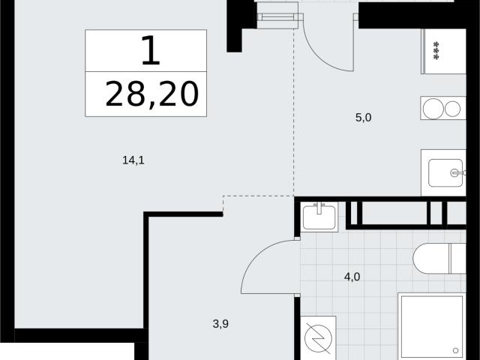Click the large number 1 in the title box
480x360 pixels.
pos(151,50)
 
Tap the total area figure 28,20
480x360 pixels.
pos(152,94)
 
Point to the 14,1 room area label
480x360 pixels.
pos(133,160)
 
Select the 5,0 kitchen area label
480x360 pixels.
pos(363,117)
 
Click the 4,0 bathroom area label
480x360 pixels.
pos(352,277)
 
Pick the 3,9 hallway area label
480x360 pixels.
pos(220,324)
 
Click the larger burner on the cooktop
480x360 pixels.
pos(433,108)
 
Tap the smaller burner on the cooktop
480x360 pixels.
pos(452,109)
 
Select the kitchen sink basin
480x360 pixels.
pos(445,173)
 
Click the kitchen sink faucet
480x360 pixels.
pos(458,173)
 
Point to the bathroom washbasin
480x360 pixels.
pos(319,217)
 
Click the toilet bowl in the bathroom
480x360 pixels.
pos(431,259)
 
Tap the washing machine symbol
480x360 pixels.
pos(318,338)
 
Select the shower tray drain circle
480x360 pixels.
pos(455,350)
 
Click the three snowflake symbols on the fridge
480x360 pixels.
pos(437,50)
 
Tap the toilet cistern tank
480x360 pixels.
pos(458,259)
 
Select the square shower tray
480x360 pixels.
pos(432,326)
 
